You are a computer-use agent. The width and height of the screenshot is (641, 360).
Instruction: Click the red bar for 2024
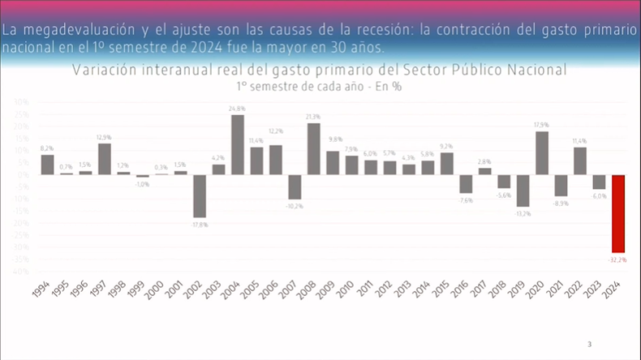[x=618, y=213]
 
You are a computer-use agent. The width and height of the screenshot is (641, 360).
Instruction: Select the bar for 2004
[x=238, y=144]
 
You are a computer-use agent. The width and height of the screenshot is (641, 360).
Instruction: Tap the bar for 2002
[x=200, y=195]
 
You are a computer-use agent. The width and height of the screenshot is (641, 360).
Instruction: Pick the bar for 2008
[x=313, y=148]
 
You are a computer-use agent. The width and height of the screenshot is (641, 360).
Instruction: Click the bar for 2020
[x=542, y=152]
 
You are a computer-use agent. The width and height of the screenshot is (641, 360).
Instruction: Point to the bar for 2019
[x=523, y=190]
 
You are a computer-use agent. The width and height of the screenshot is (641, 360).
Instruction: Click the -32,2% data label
[x=617, y=259]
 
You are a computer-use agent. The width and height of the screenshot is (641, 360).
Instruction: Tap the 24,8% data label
[x=238, y=108]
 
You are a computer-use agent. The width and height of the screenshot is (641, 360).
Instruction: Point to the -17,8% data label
[x=199, y=225]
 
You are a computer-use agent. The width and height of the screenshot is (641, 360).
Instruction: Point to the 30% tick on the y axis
[x=22, y=103]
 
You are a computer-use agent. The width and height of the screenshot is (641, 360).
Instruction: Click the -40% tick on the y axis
[x=21, y=272]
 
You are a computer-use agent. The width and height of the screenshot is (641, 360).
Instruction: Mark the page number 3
[x=589, y=345]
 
